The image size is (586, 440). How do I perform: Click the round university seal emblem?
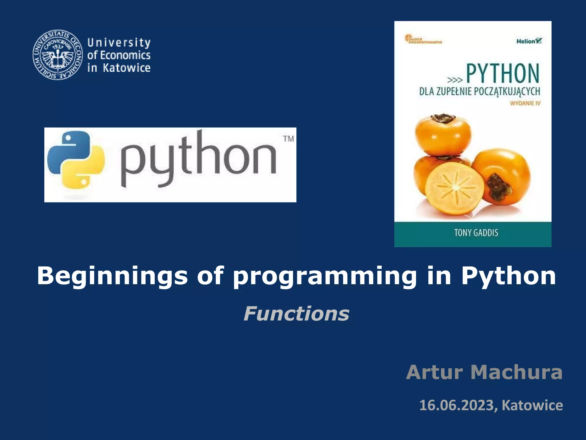tap(58, 55)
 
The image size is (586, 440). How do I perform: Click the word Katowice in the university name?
tap(126, 68)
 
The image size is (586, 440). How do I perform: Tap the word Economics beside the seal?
tap(125, 55)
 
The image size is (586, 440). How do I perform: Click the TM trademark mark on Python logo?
tap(288, 139)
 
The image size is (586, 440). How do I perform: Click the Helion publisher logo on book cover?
tap(529, 41)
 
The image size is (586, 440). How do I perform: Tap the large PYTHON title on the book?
tap(503, 74)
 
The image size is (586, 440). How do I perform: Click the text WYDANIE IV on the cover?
tap(525, 103)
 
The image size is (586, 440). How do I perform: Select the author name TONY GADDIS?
tap(476, 233)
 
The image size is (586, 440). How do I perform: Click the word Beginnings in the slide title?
tap(112, 276)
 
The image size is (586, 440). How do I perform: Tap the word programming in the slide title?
tap(324, 276)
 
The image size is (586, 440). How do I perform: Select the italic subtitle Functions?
tap(296, 314)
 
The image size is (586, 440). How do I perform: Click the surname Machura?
tap(516, 372)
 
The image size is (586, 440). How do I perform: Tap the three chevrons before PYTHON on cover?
tap(455, 80)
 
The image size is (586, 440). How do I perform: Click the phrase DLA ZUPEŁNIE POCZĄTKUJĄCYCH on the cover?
tap(480, 91)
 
